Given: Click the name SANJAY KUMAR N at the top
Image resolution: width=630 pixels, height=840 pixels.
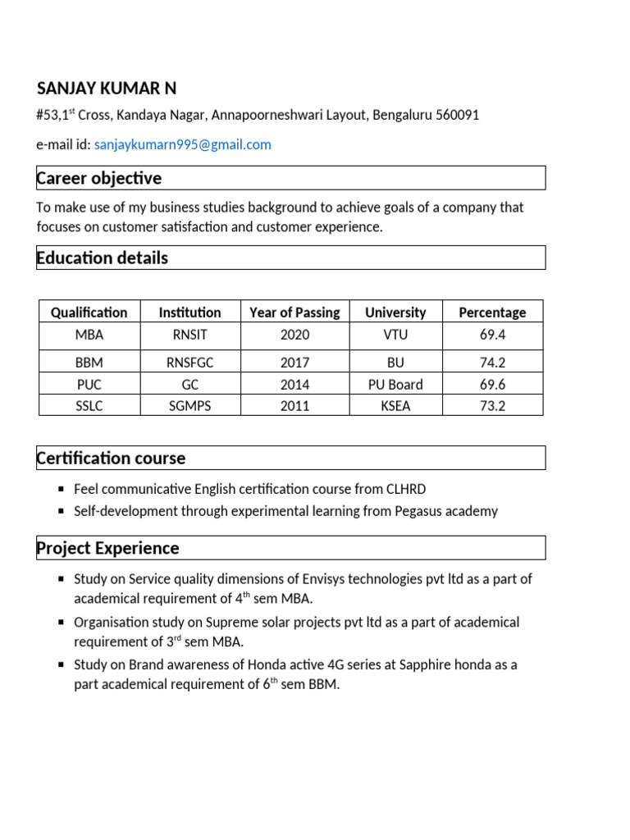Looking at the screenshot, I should pos(107,89).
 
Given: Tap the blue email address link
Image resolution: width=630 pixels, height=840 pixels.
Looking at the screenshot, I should pos(182,145).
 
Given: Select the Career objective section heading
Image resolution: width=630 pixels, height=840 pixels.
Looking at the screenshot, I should pos(99,178).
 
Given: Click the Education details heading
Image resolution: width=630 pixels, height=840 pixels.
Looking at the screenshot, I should pos(103,258).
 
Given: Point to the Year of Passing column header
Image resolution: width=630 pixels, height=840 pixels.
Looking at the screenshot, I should pos(294,313).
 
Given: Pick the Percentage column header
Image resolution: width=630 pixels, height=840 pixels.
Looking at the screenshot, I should pos(492,313).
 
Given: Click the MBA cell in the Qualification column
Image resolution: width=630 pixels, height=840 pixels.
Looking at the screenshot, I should pos(89,335).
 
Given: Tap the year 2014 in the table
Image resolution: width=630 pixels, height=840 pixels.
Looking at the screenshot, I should pos(294,384).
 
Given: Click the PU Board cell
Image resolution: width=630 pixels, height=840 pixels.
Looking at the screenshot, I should pos(395,384).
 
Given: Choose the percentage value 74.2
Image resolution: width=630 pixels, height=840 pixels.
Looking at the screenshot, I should pos(492,362).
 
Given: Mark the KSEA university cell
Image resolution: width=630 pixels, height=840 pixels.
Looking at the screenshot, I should pos(395,406).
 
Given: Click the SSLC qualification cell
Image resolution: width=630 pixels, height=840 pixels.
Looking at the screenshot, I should pos(89,406).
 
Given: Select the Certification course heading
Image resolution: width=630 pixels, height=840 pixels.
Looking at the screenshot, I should pos(112,458).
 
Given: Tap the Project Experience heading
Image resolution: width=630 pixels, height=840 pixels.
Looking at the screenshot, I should pos(108,547).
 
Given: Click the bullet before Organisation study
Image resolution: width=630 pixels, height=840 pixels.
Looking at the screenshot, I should pos(62,623).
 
